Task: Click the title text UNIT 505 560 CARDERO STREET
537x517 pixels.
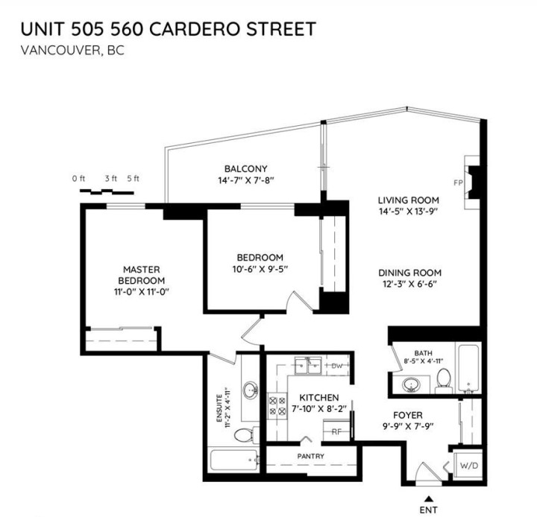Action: [x=168, y=29]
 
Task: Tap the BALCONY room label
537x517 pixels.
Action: [x=245, y=168]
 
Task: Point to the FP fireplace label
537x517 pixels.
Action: [x=457, y=182]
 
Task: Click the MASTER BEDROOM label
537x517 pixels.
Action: [x=143, y=274]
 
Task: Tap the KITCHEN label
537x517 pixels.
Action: [x=319, y=398]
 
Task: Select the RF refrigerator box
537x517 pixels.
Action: [x=337, y=430]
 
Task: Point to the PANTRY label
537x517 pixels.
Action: [x=310, y=454]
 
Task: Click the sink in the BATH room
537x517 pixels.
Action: [x=410, y=384]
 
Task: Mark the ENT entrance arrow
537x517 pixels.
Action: [x=428, y=499]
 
